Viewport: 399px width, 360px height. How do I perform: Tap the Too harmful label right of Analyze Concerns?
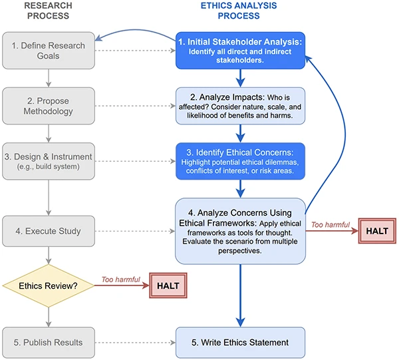click(331, 225)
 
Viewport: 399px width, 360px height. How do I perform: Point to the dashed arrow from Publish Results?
click(135, 342)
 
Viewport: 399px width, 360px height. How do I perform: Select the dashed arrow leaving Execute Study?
click(135, 232)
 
